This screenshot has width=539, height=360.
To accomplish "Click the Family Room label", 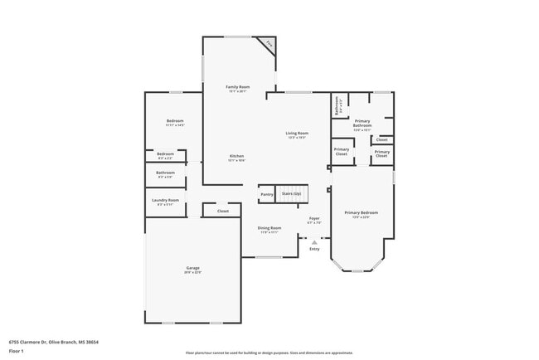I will [239, 86].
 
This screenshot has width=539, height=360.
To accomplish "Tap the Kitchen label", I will [237, 156].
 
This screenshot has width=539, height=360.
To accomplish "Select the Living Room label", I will [298, 133].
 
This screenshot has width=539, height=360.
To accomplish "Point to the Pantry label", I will [267, 194].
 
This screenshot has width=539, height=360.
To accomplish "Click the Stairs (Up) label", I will [292, 193].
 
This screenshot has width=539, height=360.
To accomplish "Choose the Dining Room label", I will [269, 228].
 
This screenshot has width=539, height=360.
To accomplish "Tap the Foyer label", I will [314, 219].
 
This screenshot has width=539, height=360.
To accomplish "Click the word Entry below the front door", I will [314, 249].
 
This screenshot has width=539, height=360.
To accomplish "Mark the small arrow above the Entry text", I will [314, 242].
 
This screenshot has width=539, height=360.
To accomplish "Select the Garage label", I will [192, 268].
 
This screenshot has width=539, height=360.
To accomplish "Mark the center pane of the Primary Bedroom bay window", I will [357, 270].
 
